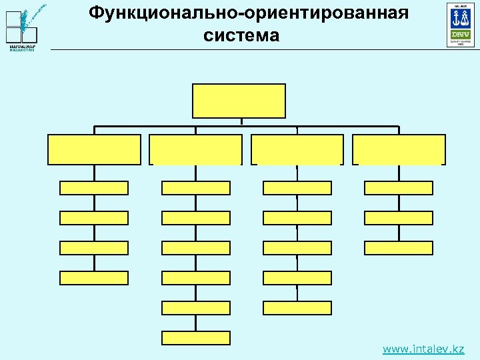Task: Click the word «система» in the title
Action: click(x=241, y=35)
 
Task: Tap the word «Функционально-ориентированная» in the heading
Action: click(x=248, y=13)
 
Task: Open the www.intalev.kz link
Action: click(x=423, y=349)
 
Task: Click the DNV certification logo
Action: click(x=460, y=25)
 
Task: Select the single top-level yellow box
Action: click(x=239, y=101)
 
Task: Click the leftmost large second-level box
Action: click(x=94, y=149)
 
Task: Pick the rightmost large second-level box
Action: click(x=399, y=149)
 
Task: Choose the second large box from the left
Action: click(x=195, y=149)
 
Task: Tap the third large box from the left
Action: click(x=297, y=149)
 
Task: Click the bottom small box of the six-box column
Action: click(x=196, y=338)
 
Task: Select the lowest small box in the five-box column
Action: click(x=297, y=308)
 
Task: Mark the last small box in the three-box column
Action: click(x=399, y=248)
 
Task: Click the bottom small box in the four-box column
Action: click(x=94, y=278)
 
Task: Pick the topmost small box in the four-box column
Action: click(x=94, y=188)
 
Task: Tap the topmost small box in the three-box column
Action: click(x=399, y=188)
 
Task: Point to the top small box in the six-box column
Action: click(x=196, y=188)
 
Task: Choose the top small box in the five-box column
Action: click(x=297, y=188)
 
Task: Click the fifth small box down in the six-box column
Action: click(x=196, y=308)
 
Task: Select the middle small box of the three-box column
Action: click(x=399, y=218)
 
